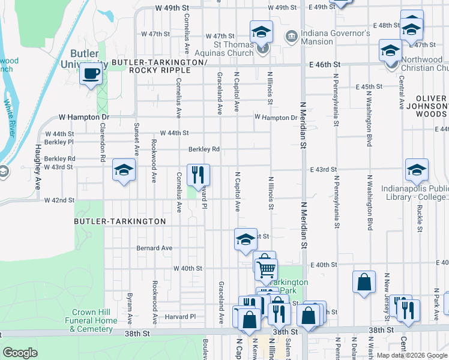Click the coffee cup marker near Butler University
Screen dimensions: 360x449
91,74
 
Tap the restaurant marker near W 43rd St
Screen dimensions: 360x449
199,175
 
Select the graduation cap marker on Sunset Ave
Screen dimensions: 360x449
124,170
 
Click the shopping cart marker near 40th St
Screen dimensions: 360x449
267,269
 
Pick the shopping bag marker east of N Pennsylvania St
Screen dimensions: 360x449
364,282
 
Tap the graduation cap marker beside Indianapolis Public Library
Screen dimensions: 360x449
417,170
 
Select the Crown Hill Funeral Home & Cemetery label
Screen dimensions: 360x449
94,320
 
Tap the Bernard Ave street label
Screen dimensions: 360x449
154,248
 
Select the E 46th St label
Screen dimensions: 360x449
325,64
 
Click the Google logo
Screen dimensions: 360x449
20,353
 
